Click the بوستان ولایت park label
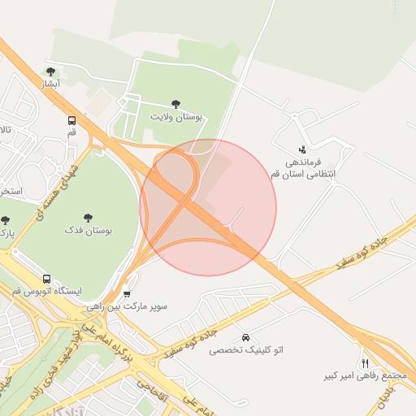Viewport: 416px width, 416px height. pos(175,117)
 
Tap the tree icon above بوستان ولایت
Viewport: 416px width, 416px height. pos(175,103)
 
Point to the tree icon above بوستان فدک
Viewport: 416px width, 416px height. pos(88,218)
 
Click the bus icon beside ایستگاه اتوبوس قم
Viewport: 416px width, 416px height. pos(46,278)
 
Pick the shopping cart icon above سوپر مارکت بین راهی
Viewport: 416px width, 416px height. pos(126,293)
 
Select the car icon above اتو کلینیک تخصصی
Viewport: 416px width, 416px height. pos(245,336)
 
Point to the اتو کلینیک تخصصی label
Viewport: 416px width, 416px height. pos(246,349)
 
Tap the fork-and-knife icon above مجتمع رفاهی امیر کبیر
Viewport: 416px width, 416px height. pos(365,363)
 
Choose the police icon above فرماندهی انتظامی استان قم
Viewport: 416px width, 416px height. pos(302,149)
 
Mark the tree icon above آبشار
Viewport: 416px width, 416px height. pos(52,71)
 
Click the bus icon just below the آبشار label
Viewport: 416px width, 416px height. pos(72,119)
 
